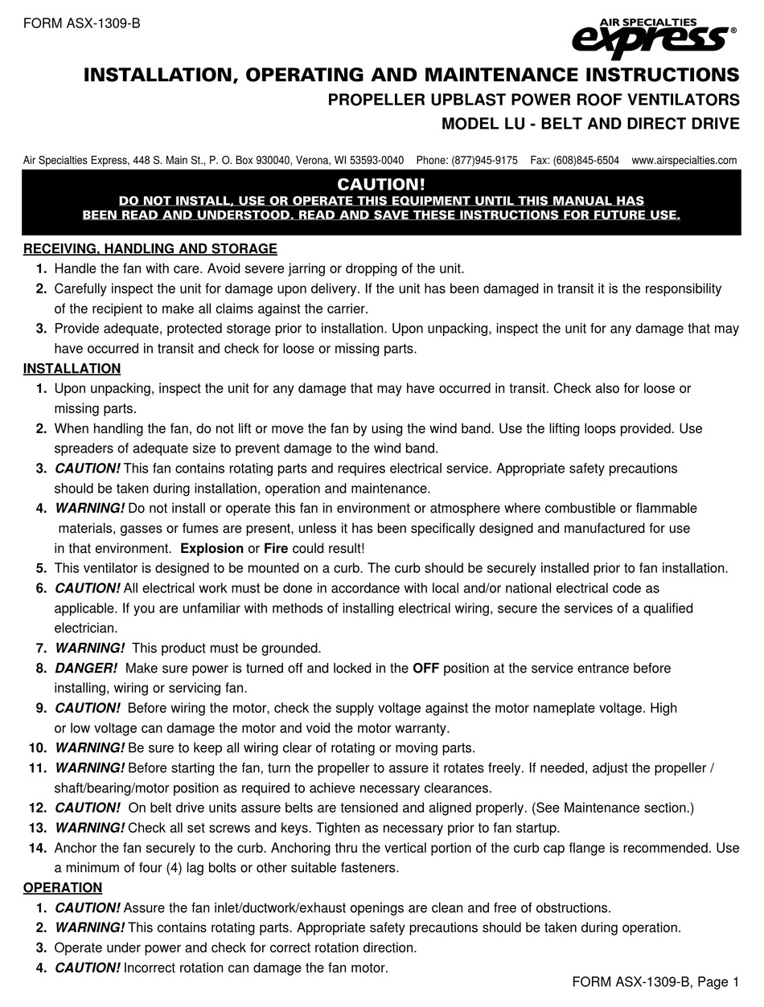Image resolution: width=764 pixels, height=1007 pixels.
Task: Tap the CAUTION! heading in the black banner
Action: click(x=381, y=185)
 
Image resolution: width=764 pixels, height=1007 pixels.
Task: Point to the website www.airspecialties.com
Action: click(x=684, y=160)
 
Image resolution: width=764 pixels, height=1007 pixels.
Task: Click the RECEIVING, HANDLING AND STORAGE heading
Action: click(x=150, y=249)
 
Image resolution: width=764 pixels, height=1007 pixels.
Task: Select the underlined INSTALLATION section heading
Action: click(x=72, y=369)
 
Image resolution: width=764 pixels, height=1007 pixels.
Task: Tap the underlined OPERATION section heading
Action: click(x=63, y=888)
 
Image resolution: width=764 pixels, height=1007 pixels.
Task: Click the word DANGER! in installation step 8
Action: click(x=86, y=668)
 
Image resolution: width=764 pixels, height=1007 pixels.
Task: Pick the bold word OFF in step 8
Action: click(x=426, y=668)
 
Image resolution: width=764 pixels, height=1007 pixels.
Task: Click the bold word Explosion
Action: click(x=212, y=548)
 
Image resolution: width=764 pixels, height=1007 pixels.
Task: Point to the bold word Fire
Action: click(x=276, y=548)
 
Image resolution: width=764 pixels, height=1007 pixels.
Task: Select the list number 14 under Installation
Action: click(x=38, y=848)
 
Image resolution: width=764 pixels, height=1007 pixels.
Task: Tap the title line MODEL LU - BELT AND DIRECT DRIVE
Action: click(x=590, y=125)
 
